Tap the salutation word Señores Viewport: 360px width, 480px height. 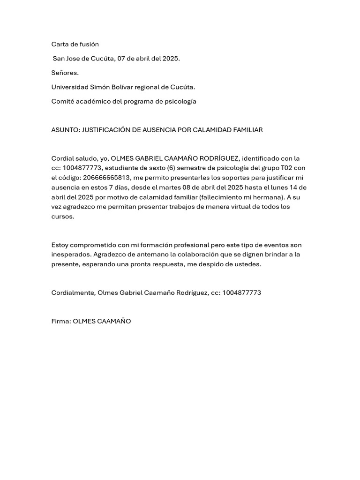65,73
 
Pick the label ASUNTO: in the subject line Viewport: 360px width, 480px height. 66,130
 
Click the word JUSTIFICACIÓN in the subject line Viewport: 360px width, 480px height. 106,130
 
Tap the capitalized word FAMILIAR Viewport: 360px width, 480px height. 246,130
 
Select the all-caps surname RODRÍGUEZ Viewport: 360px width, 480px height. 215,158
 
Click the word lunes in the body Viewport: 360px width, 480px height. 275,187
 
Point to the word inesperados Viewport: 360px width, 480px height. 71,255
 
